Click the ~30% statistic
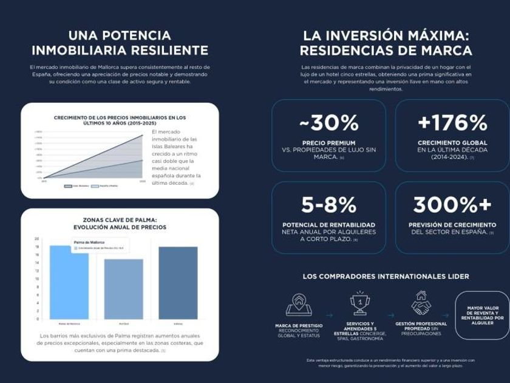328,123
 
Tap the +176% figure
452,123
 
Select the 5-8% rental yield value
328,205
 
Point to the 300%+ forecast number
452,205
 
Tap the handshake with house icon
421,303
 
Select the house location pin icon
299,303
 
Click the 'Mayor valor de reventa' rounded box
482,315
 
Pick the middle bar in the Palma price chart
123,289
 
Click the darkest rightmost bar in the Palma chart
178,283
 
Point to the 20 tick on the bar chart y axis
36,239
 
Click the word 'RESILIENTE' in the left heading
168,51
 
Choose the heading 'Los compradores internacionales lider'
386,277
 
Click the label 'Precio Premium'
328,143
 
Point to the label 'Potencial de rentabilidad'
328,225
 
